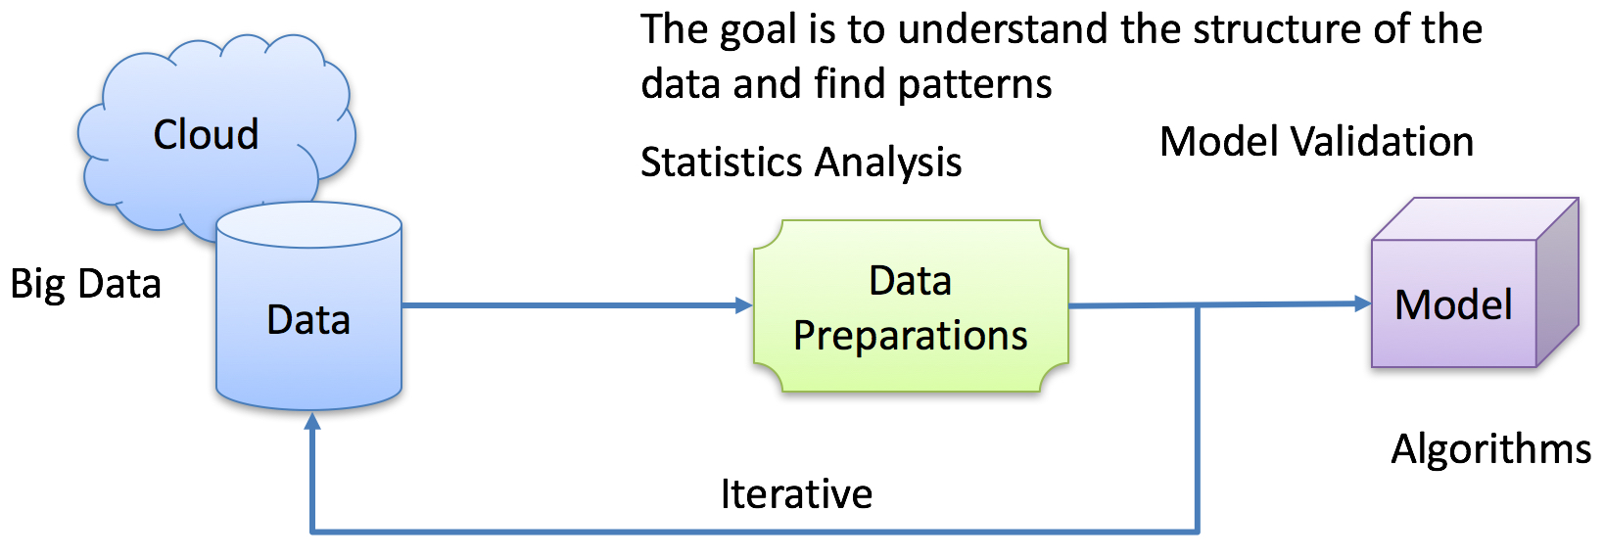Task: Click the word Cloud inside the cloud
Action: point(207,134)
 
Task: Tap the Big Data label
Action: point(85,285)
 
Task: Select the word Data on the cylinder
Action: point(308,319)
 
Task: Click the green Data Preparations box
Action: point(911,305)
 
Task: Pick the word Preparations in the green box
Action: point(911,336)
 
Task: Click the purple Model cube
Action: point(1475,283)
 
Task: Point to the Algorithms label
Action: point(1490,450)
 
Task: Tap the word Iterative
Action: point(796,494)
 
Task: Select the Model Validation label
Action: point(1316,141)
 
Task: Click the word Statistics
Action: point(723,162)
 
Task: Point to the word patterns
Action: point(974,85)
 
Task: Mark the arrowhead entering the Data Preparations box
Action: point(744,305)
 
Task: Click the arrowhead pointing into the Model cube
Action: point(1363,303)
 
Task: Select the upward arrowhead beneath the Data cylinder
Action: point(312,422)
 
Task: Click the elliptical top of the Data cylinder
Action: point(308,225)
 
